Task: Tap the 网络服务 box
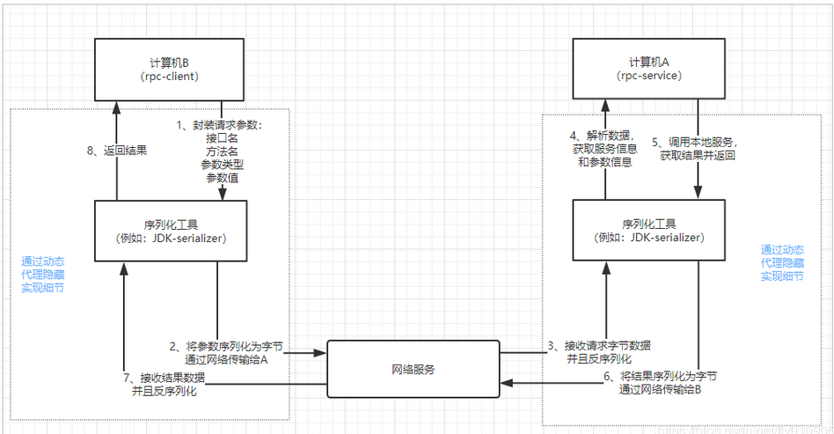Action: tap(413, 369)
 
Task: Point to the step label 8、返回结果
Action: tap(118, 151)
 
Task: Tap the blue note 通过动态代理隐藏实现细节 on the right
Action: tap(782, 262)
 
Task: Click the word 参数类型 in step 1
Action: tap(223, 164)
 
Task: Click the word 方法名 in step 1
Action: tap(223, 151)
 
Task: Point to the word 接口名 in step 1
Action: tap(223, 138)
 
